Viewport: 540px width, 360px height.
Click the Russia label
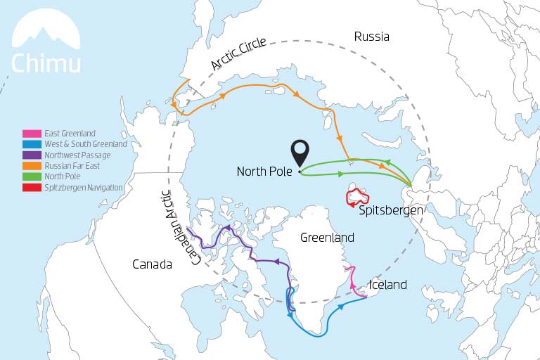371,37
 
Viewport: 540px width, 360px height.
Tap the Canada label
152,264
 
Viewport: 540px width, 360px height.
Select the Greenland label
327,238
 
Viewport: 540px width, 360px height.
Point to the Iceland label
388,285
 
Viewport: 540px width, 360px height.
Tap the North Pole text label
265,171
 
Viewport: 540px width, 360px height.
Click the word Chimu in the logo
46,63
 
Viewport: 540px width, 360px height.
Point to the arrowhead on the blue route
342,307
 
